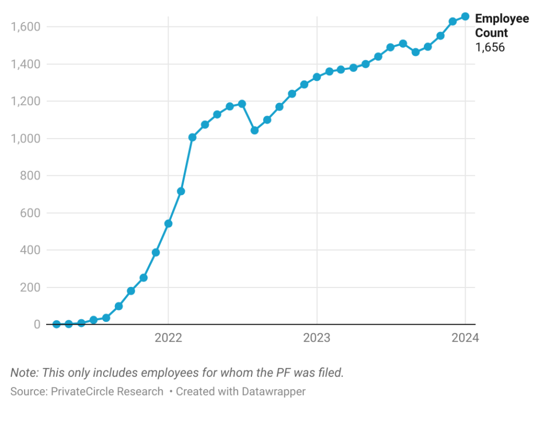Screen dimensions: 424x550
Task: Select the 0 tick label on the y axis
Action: (x=37, y=325)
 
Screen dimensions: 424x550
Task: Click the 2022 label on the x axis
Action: (x=168, y=338)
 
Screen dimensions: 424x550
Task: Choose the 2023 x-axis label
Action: (x=317, y=338)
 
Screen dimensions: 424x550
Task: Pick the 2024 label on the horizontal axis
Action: (x=465, y=338)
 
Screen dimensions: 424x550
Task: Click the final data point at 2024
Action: (x=465, y=17)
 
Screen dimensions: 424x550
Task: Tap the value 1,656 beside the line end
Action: (x=490, y=47)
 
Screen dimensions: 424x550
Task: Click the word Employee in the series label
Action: (x=502, y=19)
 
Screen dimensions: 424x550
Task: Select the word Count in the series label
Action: (x=491, y=33)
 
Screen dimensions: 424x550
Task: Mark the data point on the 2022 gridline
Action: (x=168, y=224)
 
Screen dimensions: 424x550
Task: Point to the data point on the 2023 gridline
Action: (x=317, y=77)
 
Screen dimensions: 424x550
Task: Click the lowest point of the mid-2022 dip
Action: (x=255, y=130)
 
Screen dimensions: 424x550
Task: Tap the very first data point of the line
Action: (x=56, y=324)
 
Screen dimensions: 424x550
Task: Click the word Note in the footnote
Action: (x=24, y=372)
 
